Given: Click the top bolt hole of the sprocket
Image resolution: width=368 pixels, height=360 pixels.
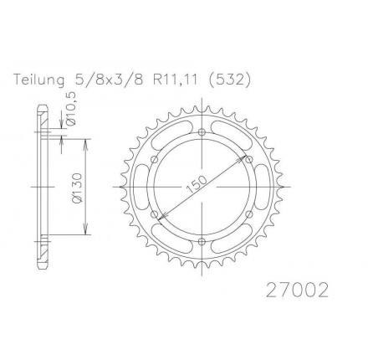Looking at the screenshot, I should [x=202, y=132].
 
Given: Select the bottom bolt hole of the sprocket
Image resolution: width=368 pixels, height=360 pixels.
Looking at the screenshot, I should [x=202, y=243].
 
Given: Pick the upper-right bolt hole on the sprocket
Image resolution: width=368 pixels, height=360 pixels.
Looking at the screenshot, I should [x=249, y=160].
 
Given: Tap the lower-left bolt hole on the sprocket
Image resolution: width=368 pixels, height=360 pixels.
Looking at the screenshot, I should [x=154, y=215].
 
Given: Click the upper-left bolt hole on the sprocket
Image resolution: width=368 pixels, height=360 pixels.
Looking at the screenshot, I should [x=154, y=160].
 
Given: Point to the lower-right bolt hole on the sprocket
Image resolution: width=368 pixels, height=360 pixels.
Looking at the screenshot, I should [x=249, y=215].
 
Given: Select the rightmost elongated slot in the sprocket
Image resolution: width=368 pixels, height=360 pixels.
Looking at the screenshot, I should [x=264, y=188].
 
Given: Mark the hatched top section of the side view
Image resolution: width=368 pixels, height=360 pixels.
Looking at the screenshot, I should [x=40, y=117].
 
